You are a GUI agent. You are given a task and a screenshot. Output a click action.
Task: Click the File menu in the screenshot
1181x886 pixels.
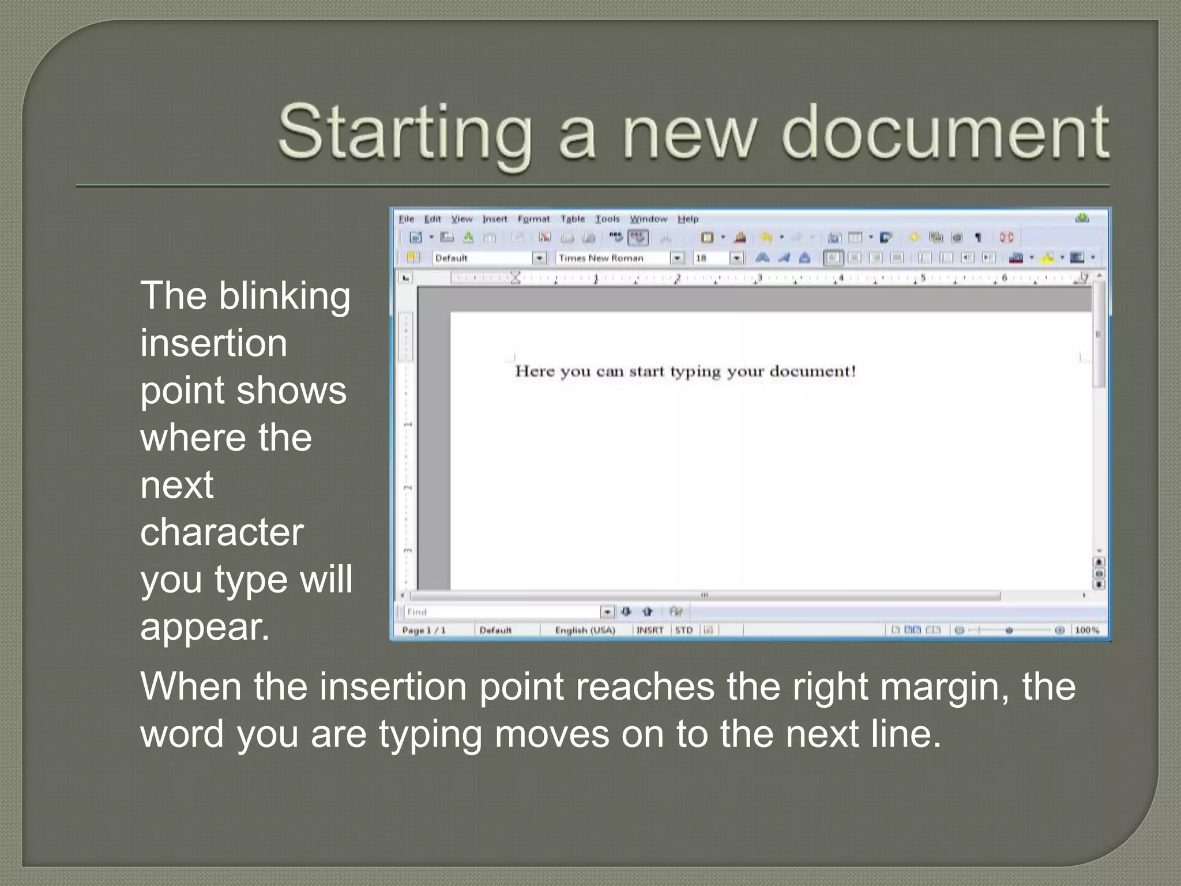tap(407, 219)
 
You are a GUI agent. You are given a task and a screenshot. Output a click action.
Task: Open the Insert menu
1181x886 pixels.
tap(495, 219)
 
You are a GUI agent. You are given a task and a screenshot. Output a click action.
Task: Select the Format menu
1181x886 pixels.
tap(533, 219)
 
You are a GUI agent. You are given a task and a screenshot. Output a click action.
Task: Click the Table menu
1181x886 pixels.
tap(573, 219)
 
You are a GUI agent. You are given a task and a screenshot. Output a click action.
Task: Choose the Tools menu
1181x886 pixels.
tap(607, 219)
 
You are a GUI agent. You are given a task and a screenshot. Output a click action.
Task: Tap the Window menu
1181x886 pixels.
tap(648, 219)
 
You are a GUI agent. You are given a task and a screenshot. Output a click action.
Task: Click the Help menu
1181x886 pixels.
tap(688, 219)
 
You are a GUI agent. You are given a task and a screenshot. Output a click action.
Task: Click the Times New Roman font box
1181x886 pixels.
tap(612, 258)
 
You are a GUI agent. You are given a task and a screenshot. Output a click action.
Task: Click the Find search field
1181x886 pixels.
tap(502, 611)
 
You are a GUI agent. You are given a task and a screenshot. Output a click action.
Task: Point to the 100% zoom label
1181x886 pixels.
tap(1086, 630)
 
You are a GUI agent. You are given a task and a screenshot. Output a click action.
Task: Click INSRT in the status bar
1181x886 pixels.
tap(650, 630)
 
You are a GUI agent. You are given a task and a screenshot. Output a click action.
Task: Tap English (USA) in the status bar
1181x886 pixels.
tap(585, 630)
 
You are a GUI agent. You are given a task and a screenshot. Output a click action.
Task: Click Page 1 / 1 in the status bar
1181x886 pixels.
tap(424, 630)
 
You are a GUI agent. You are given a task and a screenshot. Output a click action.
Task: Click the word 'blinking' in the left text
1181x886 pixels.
tap(284, 296)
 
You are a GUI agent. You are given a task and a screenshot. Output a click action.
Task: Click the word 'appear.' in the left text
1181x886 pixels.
tap(205, 627)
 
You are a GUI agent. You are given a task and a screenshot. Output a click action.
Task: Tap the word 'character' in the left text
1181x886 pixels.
tap(221, 532)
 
